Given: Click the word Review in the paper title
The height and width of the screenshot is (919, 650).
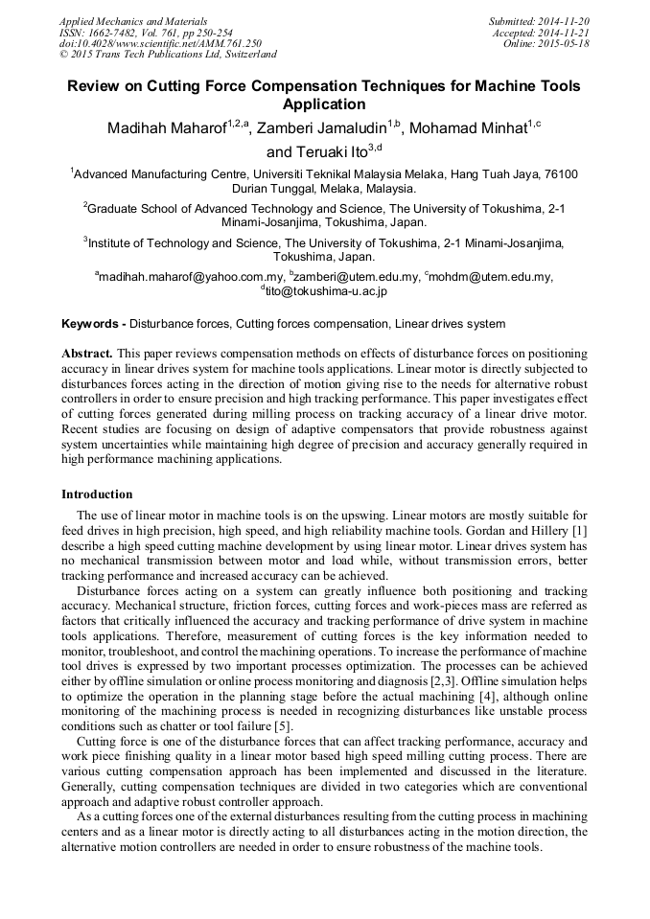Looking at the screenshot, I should coord(93,86).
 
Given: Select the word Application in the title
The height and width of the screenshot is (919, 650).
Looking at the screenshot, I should coord(324,104).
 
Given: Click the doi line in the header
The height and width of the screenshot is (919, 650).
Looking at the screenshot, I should coord(160,44).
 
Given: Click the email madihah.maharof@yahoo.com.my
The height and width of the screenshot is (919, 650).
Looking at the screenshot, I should coord(182,277).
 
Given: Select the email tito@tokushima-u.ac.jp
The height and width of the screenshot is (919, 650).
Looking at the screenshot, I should coord(326,291).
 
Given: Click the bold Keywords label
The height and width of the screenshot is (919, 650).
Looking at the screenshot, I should coord(92,324).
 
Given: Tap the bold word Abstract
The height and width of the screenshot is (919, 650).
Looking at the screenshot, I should coord(87,354).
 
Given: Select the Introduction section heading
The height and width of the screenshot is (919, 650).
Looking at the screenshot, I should coord(97,494).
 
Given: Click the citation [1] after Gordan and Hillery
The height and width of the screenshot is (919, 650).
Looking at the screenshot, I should coord(579,531).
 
